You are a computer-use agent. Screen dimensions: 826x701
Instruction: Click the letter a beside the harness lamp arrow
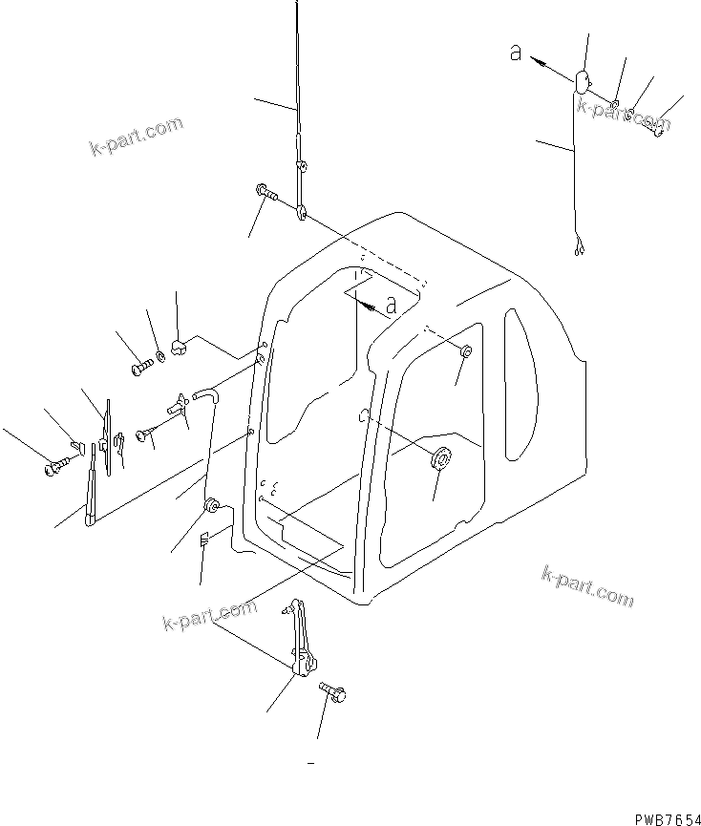coord(516,54)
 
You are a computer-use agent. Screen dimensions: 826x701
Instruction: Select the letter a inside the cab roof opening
coord(390,306)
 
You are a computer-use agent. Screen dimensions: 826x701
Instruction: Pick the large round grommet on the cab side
coord(440,459)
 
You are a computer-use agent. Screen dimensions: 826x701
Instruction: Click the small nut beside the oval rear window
coord(465,353)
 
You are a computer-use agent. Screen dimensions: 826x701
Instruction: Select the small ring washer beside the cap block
coord(160,357)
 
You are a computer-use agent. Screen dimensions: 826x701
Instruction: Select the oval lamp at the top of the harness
coord(582,81)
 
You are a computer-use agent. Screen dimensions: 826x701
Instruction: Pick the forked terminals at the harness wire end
coord(576,250)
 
